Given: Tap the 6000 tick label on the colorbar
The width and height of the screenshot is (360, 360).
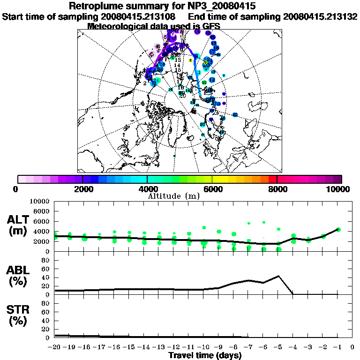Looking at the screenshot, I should click(213, 189).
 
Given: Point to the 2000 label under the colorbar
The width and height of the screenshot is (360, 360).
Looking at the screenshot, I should click(82, 189).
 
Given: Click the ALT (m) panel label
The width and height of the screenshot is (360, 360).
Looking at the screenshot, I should click(19, 225).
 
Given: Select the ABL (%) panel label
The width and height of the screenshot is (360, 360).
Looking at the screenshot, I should click(19, 275).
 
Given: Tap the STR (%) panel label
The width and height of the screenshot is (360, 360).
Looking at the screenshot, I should click(19, 315).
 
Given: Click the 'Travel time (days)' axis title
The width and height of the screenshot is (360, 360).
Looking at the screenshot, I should click(205, 355).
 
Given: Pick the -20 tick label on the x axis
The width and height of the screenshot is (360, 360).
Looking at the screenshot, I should click(54, 347).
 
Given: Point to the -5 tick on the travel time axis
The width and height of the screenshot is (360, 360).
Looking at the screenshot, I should click(278, 347).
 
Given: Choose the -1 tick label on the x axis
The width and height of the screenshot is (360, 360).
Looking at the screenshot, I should click(337, 347).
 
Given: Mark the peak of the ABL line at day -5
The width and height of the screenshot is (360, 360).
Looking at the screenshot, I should click(278, 276).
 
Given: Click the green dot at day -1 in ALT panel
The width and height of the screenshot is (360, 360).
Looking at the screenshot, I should click(338, 229).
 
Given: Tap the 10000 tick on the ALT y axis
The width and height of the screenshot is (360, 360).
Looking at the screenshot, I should click(40, 202).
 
